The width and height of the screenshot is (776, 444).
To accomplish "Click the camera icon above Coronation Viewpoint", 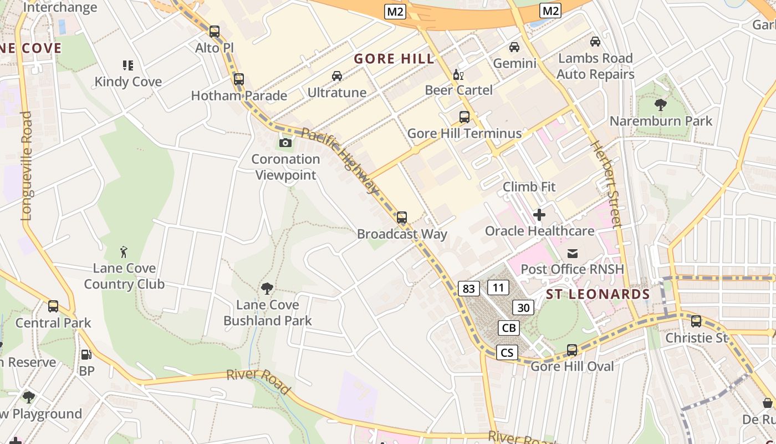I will click(285, 143).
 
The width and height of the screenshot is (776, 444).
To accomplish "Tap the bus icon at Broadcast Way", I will click(402, 218).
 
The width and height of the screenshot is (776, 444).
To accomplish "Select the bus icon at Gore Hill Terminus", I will click(464, 117).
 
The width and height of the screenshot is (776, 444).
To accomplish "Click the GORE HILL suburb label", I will click(394, 59).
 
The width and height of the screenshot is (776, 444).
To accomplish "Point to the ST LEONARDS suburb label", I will click(598, 294).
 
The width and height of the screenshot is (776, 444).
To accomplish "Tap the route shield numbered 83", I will click(469, 288).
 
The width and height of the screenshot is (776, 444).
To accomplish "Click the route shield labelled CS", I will click(507, 352).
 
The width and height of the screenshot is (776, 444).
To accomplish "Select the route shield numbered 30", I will click(523, 307).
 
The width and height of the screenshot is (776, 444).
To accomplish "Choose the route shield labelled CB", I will click(508, 328).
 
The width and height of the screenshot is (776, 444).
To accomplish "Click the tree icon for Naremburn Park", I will click(660, 104).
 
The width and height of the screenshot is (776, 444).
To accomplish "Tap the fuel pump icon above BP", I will click(86, 354).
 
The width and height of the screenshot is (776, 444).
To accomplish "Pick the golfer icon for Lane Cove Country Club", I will click(124, 253).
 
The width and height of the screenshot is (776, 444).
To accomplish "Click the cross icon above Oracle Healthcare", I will click(539, 215).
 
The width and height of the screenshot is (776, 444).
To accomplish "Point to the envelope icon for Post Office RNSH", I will click(572, 254).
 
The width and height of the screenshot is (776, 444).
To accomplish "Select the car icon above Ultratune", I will click(337, 76).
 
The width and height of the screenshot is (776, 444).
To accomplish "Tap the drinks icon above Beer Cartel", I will click(458, 75).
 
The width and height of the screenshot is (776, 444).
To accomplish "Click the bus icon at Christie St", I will click(696, 321).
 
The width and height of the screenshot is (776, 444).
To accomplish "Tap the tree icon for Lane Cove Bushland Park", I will click(267, 289).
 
